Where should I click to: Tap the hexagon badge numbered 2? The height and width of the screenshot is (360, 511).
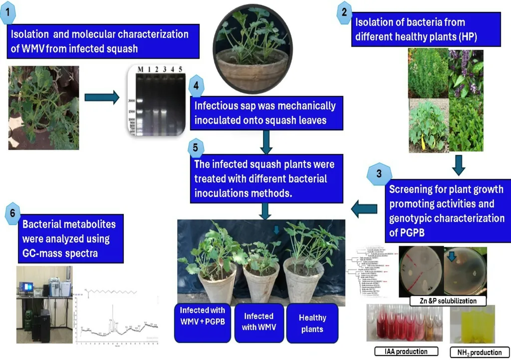pos(344,13)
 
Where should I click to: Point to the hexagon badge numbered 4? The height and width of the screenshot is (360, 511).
pos(196,85)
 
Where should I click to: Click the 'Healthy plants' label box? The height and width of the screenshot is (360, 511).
pos(312,323)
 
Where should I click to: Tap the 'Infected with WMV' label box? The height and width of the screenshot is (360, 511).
pos(258,322)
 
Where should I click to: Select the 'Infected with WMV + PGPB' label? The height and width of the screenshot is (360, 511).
pos(203,322)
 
